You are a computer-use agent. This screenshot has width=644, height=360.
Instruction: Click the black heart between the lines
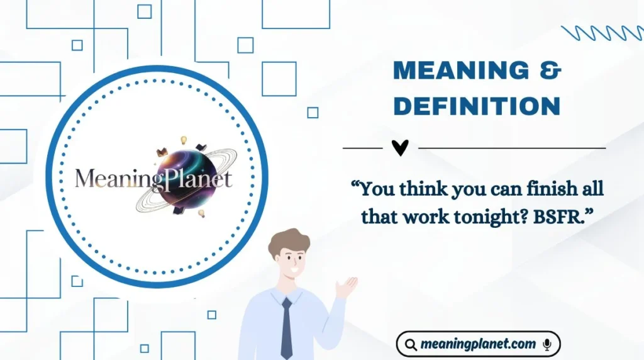[400, 148]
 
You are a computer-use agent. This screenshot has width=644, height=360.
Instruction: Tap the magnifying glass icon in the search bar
[411, 345]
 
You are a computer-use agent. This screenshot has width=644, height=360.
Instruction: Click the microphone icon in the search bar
[547, 344]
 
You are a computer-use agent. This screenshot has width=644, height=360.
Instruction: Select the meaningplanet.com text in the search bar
[479, 344]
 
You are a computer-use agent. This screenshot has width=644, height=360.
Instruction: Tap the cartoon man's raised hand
[345, 287]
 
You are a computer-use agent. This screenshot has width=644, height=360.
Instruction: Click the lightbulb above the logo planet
[184, 140]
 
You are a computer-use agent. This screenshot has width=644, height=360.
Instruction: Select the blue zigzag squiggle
[601, 33]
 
